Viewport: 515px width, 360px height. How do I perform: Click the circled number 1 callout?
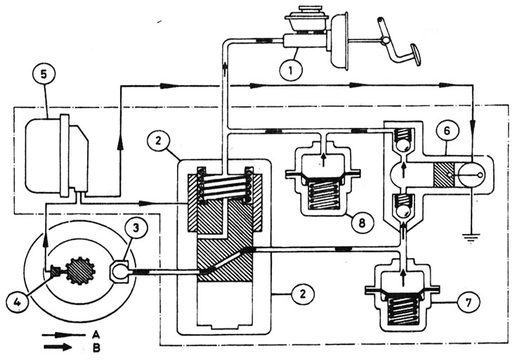(291, 70)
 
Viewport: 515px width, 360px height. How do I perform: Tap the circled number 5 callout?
(44, 74)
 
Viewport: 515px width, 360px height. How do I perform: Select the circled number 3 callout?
(136, 227)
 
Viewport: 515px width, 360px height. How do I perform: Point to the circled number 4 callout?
(18, 302)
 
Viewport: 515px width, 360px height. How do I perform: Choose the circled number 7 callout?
(469, 302)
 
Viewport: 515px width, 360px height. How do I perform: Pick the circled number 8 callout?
(362, 223)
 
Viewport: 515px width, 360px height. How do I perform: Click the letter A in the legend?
(96, 335)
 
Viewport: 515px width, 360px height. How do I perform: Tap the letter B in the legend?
(96, 348)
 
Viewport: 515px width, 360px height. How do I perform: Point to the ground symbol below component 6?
(471, 237)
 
